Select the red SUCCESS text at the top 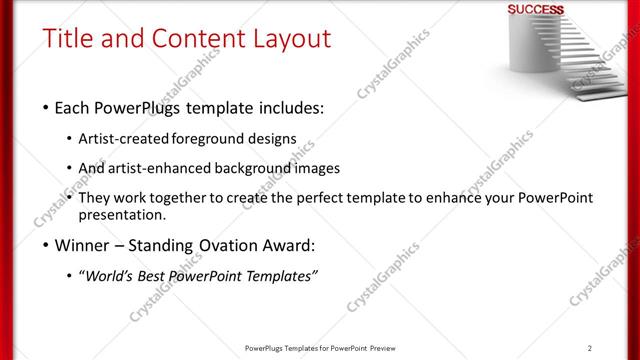[x=535, y=10]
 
